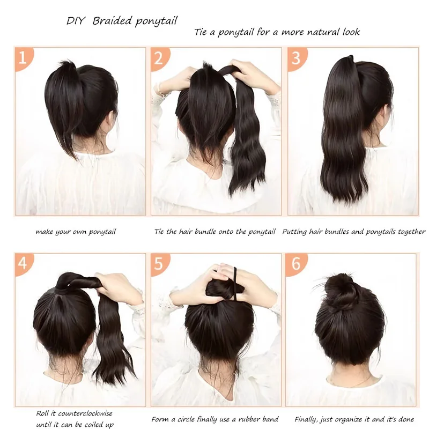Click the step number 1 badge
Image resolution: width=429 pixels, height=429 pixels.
(23, 58)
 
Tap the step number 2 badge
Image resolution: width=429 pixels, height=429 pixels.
(159, 58)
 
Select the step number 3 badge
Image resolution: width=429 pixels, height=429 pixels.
(297, 58)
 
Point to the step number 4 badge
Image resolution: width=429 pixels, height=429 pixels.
(23, 263)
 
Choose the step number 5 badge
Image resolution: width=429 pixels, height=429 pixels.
(159, 263)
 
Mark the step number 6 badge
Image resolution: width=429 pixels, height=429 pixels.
(296, 263)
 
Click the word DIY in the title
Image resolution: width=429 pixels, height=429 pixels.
(76, 21)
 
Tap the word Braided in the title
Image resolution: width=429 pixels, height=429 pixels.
(112, 21)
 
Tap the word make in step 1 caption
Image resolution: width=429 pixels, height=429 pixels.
(45, 232)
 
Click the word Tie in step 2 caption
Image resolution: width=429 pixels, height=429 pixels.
(159, 232)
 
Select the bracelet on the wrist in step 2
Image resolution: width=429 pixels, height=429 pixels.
(159, 90)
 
